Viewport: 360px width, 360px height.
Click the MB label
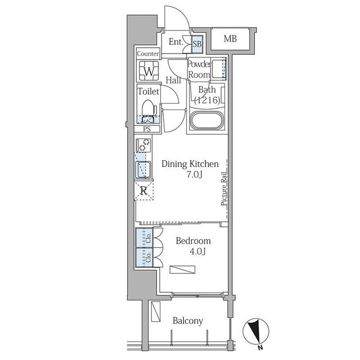coord(230,39)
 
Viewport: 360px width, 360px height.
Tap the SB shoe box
coord(197,44)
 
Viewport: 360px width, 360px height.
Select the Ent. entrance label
coord(176,42)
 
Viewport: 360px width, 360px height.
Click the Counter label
coord(148,54)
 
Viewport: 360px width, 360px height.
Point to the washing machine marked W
coord(148,71)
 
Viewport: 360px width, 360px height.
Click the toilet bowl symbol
coord(148,111)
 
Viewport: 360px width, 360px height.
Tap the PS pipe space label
coord(147,129)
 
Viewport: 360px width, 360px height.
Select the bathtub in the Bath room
coord(207,120)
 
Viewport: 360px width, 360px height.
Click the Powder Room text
coord(199,69)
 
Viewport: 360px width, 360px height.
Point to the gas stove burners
coord(143,145)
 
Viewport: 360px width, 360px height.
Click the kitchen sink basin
coord(143,169)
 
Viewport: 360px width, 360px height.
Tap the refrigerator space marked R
coord(144,191)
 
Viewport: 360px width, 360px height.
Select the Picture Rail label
coord(224,189)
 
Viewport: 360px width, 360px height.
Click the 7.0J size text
coord(194,175)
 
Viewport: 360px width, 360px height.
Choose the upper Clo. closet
coord(144,238)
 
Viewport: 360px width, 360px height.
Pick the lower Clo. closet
coord(144,258)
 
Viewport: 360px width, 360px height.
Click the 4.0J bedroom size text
coord(197,251)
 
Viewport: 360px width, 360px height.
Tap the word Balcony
coord(188,321)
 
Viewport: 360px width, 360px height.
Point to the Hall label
coord(173,80)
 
